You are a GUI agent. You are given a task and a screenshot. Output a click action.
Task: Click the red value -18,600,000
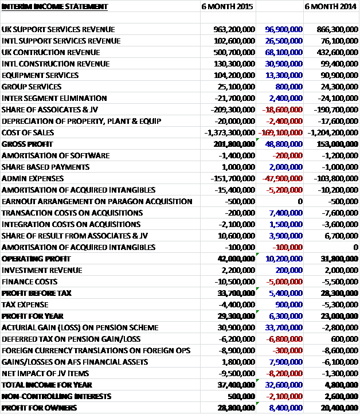click(282, 110)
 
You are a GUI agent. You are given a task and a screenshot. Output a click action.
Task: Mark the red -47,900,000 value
click(282, 178)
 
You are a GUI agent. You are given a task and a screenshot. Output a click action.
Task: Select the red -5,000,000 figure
click(284, 282)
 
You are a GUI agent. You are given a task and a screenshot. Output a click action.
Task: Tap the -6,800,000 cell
click(284, 339)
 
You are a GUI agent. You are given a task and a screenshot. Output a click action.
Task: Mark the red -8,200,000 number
click(284, 373)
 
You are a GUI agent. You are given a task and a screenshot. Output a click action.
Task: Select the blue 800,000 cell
click(289, 87)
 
